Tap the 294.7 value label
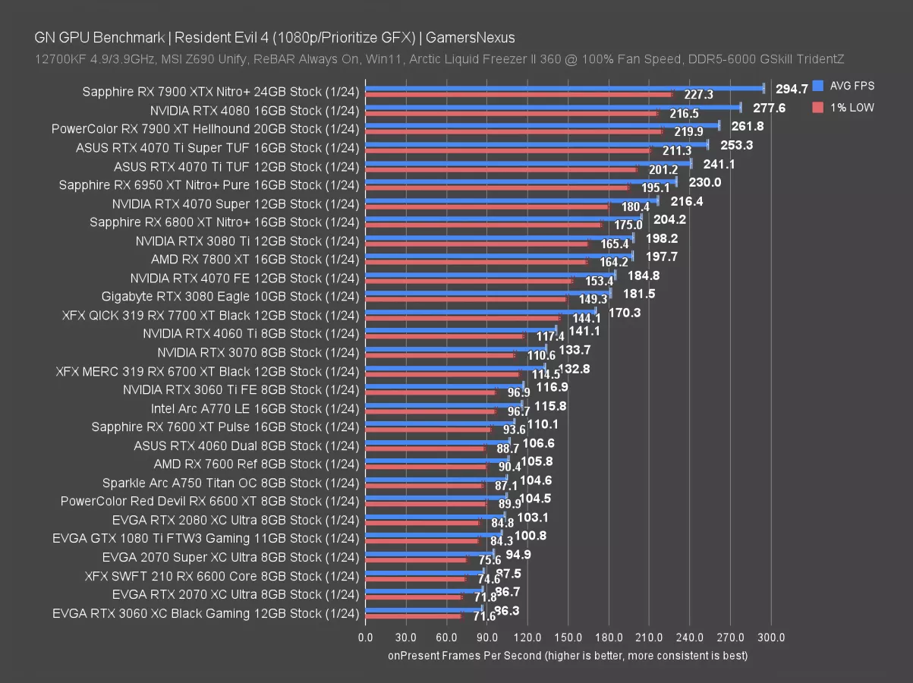point(792,90)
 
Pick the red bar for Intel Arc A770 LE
point(430,411)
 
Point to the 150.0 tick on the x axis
point(568,637)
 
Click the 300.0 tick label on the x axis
point(771,637)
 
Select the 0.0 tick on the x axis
point(365,637)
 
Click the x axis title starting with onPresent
point(568,654)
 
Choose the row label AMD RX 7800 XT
point(254,259)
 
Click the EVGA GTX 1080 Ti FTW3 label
point(205,538)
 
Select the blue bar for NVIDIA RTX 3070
point(455,348)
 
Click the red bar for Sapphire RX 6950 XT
point(497,187)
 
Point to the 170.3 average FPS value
point(625,312)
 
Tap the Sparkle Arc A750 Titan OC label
point(230,482)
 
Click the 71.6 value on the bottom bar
point(484,616)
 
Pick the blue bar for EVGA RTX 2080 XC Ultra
point(435,516)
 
